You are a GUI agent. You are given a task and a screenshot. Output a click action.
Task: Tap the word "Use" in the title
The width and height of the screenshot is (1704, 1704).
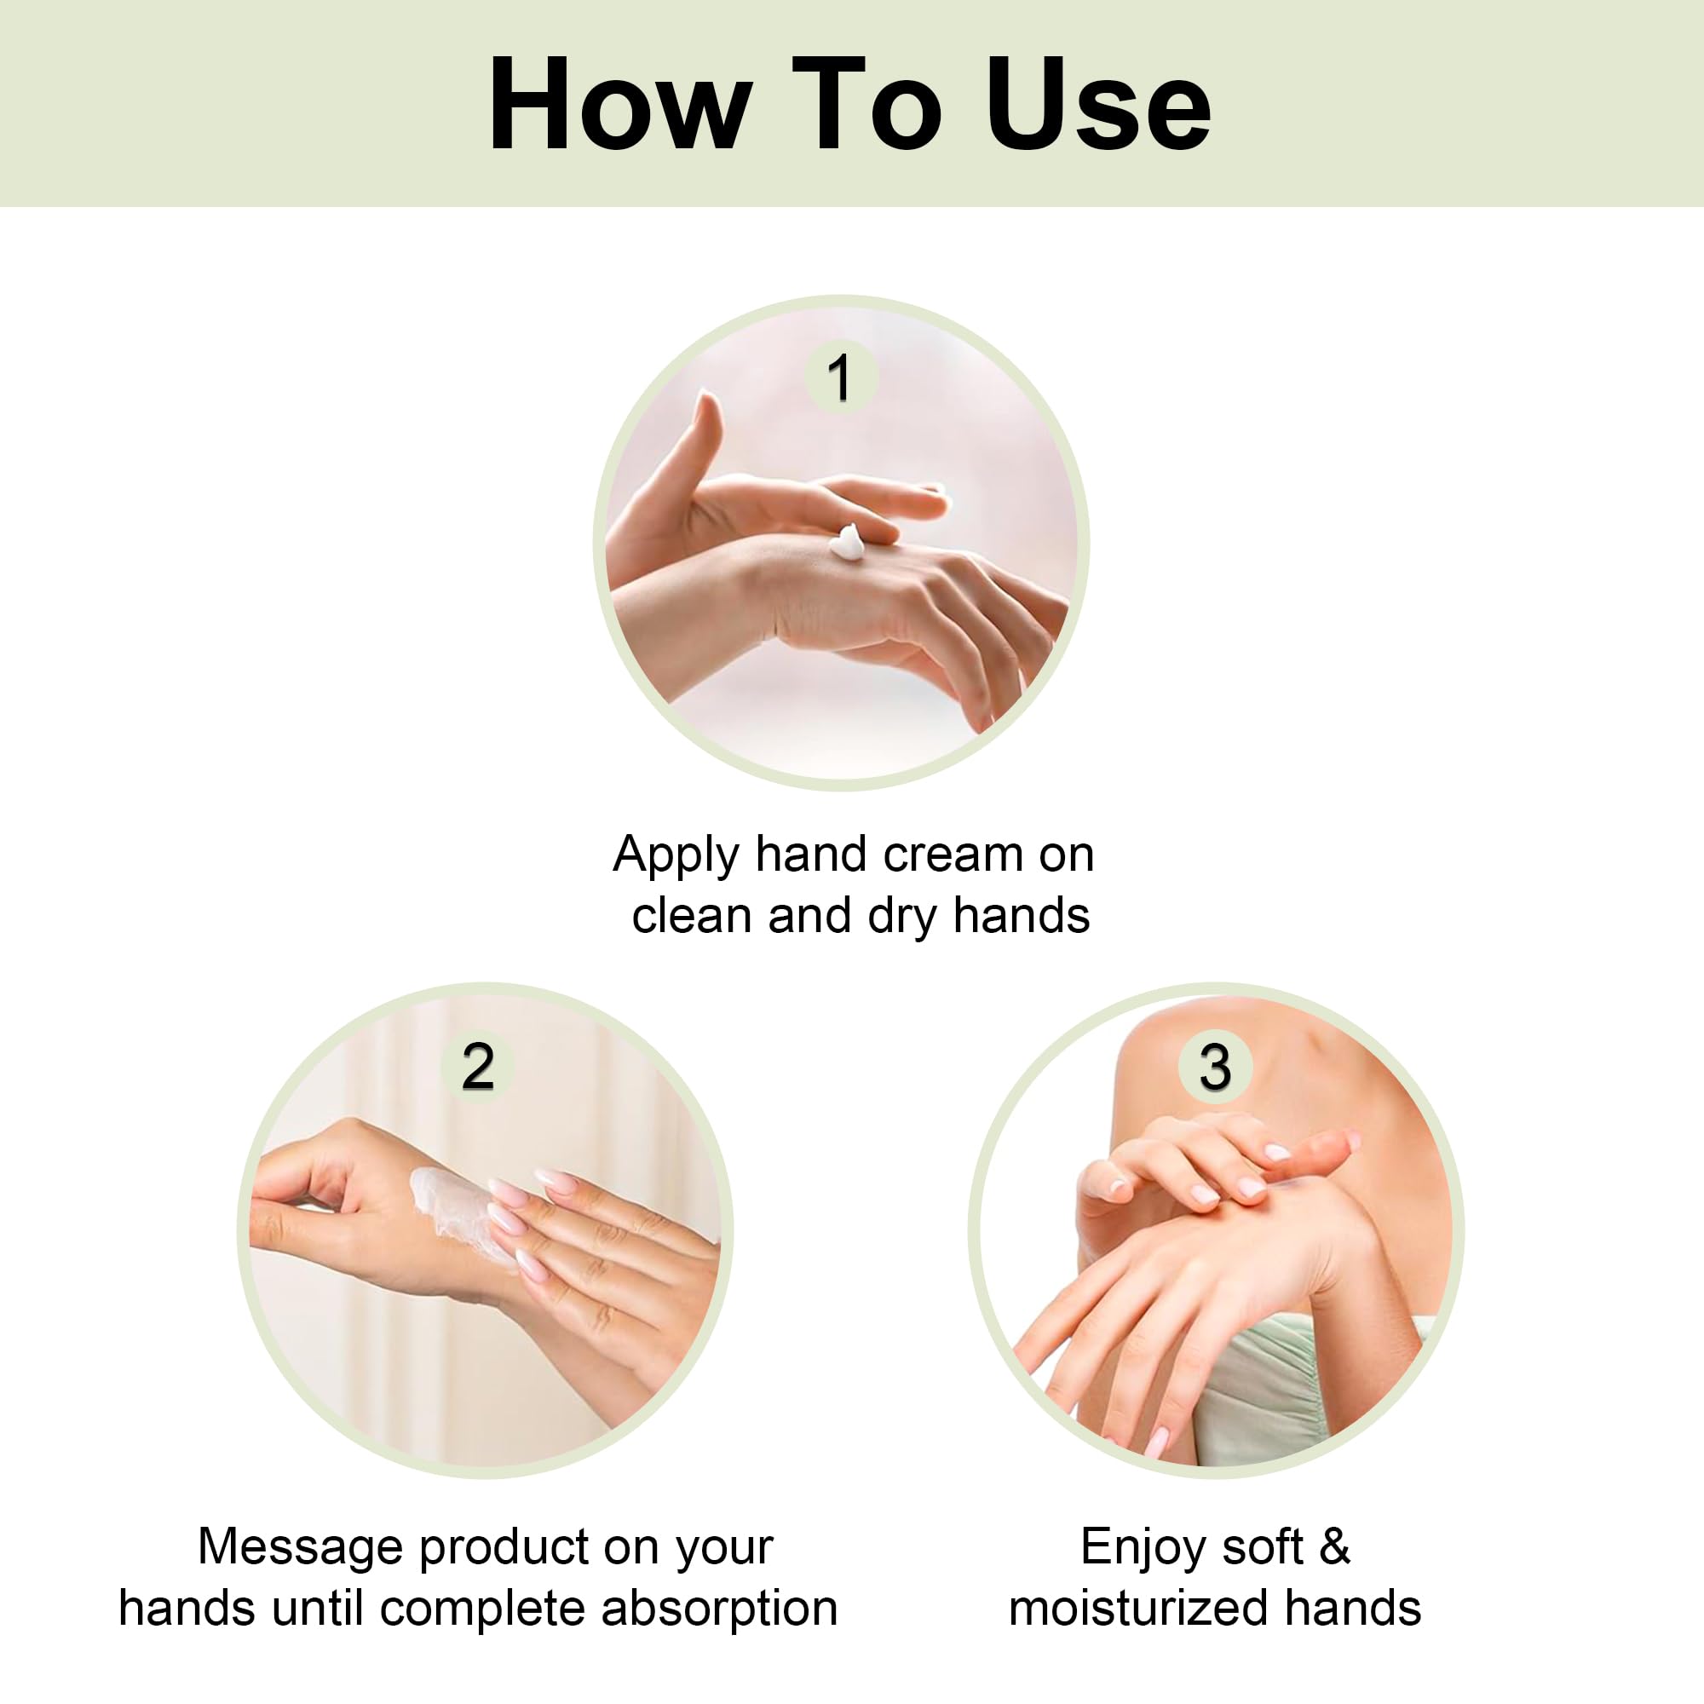1099,104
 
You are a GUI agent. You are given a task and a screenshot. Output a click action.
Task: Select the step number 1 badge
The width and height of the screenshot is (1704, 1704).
840,377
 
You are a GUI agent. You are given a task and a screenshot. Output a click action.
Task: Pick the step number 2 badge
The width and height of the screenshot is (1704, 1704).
477,1068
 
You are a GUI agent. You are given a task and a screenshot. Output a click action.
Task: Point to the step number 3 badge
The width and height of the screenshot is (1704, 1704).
1214,1068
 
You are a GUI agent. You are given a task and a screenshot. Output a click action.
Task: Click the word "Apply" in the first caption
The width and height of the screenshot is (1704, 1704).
676,856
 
